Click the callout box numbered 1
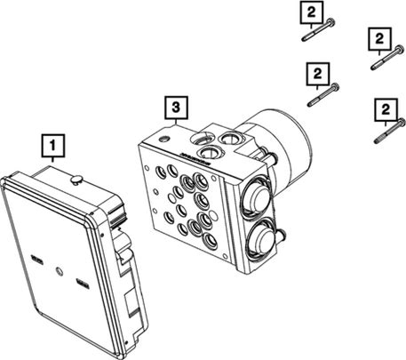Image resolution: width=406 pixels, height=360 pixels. [53, 146]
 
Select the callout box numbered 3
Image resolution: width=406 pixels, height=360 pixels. [176, 108]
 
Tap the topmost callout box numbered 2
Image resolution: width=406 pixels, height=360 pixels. [311, 12]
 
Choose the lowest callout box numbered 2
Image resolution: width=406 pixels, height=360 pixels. [386, 110]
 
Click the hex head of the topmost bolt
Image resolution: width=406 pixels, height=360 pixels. [331, 21]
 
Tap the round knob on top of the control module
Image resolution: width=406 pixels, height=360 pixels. [76, 180]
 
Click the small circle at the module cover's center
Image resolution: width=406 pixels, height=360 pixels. [60, 271]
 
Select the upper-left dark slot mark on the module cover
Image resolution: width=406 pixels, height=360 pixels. [36, 260]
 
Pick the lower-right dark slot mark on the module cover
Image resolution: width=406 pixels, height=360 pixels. [82, 284]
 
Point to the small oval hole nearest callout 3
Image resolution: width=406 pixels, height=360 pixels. [163, 139]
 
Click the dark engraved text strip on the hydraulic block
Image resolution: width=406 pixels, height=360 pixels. [195, 159]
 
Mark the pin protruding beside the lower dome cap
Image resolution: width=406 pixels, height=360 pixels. [282, 235]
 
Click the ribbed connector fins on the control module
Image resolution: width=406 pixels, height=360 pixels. [117, 215]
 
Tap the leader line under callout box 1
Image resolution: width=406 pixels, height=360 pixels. [53, 159]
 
